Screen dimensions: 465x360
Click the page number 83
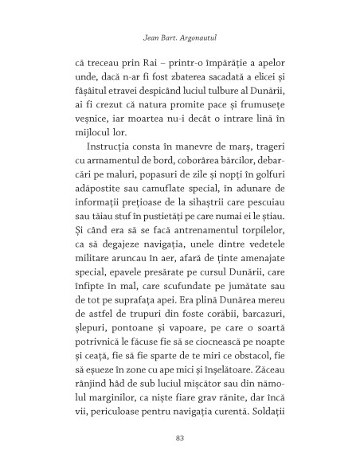click(179, 436)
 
